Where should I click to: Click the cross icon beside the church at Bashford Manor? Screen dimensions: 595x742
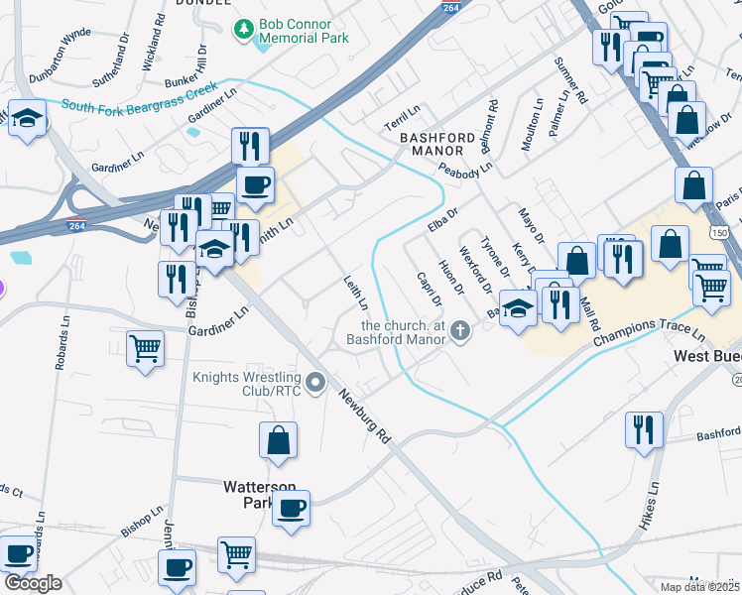(x=459, y=331)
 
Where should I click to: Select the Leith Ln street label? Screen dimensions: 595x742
(x=355, y=292)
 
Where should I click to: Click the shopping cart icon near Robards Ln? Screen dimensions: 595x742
(x=146, y=349)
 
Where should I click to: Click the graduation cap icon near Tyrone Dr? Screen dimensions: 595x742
(x=518, y=307)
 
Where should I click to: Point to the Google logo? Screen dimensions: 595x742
(x=33, y=583)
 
